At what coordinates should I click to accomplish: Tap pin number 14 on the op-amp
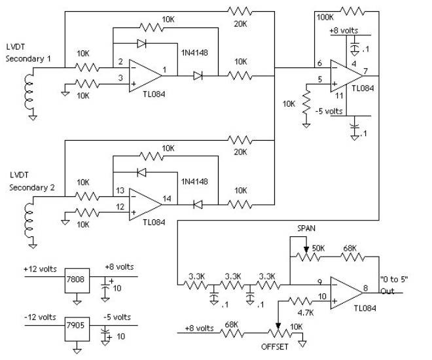(168, 198)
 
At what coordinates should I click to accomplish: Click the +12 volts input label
(39, 268)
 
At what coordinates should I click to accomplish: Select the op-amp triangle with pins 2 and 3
(144, 73)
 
